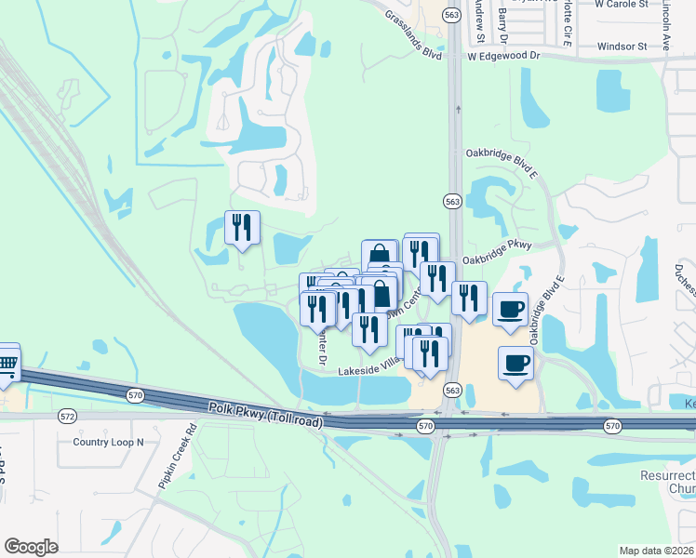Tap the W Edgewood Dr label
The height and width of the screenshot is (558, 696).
point(503,56)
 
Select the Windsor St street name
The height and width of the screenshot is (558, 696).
point(622,46)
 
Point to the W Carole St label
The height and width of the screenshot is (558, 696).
point(622,4)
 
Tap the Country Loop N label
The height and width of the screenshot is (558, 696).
point(108,442)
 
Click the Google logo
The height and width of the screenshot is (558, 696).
point(31,547)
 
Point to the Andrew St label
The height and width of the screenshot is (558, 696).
point(479,19)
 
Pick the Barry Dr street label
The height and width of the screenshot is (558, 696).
point(503,23)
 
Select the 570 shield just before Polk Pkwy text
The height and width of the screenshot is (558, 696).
point(136,394)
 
